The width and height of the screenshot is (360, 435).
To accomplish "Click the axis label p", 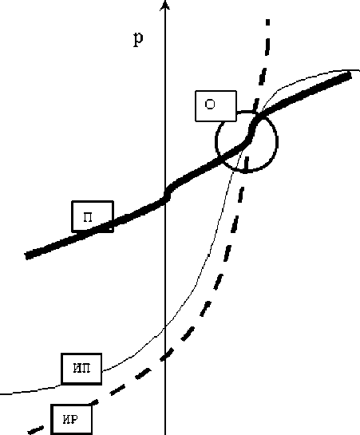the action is point(138,40).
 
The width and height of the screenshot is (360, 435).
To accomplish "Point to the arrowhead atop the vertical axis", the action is point(165,5).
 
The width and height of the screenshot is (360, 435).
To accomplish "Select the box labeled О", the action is point(216,105).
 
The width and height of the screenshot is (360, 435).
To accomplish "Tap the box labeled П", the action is point(93,216).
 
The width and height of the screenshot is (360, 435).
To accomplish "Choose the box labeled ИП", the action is point(81,369).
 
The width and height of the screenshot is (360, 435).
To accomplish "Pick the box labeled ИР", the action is point(72,419).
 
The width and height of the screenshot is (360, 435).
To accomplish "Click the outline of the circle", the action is point(277,141).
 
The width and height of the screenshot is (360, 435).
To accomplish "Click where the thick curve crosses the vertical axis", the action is point(166,194).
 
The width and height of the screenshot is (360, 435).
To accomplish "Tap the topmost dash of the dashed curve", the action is point(267,22).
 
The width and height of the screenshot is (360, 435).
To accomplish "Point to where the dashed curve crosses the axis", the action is point(165,356).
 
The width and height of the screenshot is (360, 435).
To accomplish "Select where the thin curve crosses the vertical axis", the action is point(165,327).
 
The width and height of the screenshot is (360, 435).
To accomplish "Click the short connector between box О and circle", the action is point(246,112).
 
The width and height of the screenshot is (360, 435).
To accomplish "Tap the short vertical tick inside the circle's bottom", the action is point(247,163).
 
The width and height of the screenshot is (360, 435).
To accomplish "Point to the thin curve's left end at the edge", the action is point(1,393).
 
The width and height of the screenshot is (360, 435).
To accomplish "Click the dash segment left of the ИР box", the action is point(36,430).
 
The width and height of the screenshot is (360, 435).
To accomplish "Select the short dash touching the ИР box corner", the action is point(94,402).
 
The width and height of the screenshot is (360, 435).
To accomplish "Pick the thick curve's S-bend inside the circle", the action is point(251,130).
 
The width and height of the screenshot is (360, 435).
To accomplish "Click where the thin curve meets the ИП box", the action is point(103,370).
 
